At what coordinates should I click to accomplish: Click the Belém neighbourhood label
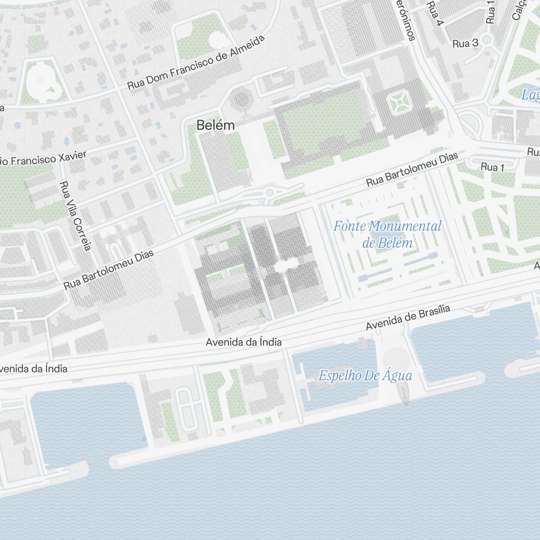tap(215, 125)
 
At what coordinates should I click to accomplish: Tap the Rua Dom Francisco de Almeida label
tap(197, 64)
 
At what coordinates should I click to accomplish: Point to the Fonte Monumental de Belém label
tap(387, 234)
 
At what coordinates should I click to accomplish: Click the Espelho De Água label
tap(365, 376)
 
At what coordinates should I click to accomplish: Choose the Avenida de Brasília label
tap(408, 318)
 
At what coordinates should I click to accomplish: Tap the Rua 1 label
tap(492, 167)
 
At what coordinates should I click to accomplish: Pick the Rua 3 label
tap(465, 43)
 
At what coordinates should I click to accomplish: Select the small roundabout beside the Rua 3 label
tap(486, 39)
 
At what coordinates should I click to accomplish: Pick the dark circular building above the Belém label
tap(241, 99)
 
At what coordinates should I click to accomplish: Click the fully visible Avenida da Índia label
tap(244, 342)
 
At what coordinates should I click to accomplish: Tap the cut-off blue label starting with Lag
tap(530, 96)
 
